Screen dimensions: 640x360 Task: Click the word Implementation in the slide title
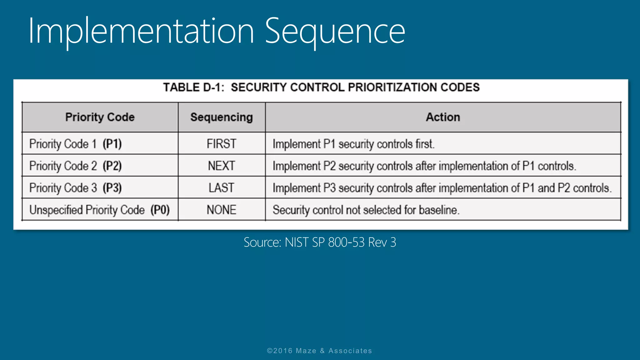tap(141, 31)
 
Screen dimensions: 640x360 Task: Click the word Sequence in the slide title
tap(335, 31)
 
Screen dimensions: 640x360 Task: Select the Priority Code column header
tap(100, 117)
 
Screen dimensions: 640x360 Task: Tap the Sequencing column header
tap(222, 117)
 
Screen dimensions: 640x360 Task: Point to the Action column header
tap(443, 117)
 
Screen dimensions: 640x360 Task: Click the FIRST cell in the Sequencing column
tap(221, 144)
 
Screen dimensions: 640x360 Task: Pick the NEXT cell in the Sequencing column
tap(221, 166)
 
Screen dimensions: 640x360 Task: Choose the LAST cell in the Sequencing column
tap(221, 188)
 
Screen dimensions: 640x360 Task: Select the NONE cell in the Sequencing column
tap(221, 210)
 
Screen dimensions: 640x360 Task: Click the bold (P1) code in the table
tap(112, 144)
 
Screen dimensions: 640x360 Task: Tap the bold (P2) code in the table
tap(112, 166)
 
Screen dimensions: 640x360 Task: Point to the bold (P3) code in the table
tap(112, 188)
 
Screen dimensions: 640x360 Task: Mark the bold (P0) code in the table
tap(160, 210)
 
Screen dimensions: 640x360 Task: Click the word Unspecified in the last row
tap(56, 210)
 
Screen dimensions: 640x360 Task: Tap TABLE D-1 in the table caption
tap(193, 87)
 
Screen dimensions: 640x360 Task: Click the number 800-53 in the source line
tap(346, 242)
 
